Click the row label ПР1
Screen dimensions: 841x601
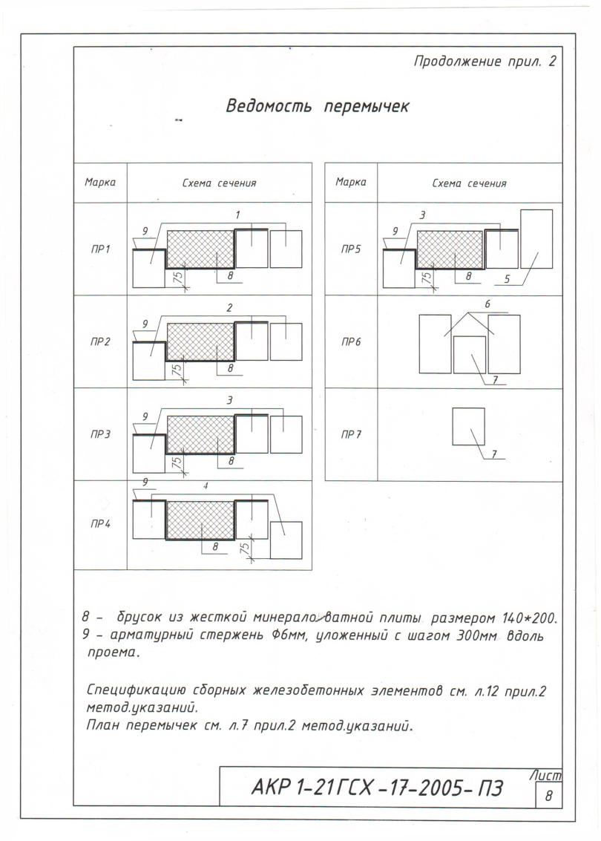point(100,249)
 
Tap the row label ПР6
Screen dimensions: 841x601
point(351,342)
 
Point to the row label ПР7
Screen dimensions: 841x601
point(351,434)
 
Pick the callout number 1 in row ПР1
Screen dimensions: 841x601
point(237,215)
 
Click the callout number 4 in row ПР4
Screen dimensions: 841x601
point(205,486)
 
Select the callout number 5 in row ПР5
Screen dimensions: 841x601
point(508,279)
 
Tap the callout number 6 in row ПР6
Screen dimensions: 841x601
point(487,304)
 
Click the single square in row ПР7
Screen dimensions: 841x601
point(468,426)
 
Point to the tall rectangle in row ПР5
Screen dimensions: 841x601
point(536,238)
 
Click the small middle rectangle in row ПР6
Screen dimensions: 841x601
point(469,354)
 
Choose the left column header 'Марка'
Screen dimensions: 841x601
point(100,182)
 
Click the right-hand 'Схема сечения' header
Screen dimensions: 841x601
point(469,183)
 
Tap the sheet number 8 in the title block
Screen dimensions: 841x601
point(548,796)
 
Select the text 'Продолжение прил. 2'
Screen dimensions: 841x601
point(484,62)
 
